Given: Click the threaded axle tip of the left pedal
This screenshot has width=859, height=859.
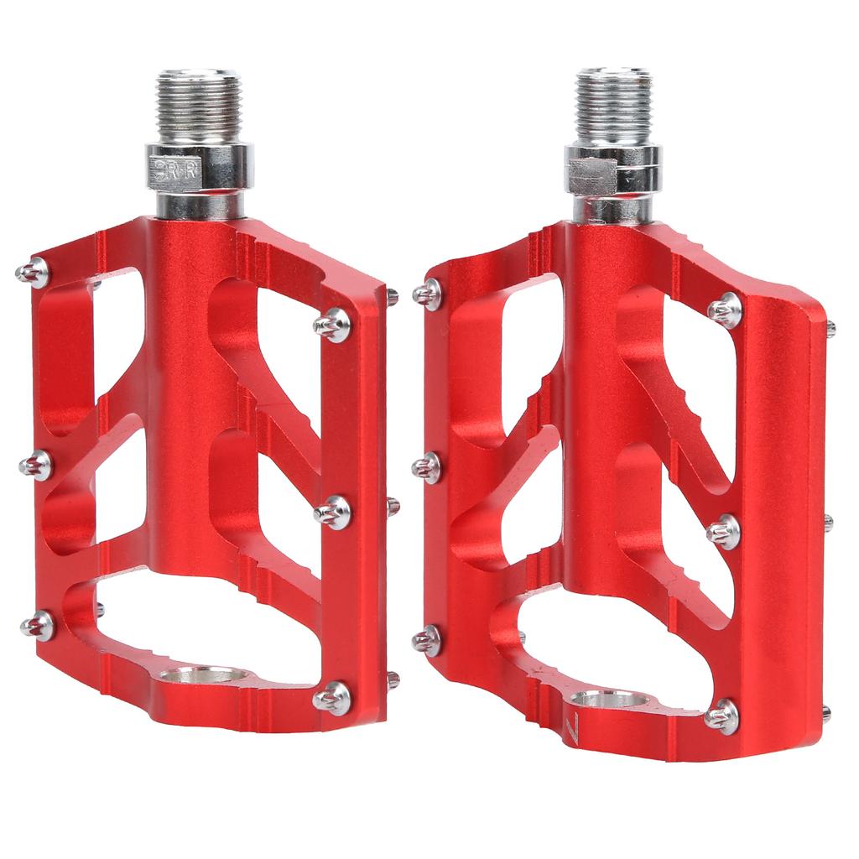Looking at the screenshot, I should [193, 104].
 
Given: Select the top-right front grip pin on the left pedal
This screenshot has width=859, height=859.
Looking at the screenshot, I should [333, 324].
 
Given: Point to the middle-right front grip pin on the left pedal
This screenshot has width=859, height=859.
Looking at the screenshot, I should [333, 511].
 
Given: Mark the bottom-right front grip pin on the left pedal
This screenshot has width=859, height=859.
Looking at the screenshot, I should [332, 697].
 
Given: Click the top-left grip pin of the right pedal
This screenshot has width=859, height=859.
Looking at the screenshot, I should [429, 294].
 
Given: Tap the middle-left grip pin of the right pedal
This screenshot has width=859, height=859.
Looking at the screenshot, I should [428, 466].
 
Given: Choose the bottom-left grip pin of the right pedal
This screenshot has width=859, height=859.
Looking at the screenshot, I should [428, 640].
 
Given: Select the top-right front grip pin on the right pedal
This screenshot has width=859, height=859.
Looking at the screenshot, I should [725, 310].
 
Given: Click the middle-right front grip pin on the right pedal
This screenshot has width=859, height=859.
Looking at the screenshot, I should [724, 531].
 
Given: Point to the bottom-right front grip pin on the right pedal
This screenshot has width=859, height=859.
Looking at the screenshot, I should [722, 716].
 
